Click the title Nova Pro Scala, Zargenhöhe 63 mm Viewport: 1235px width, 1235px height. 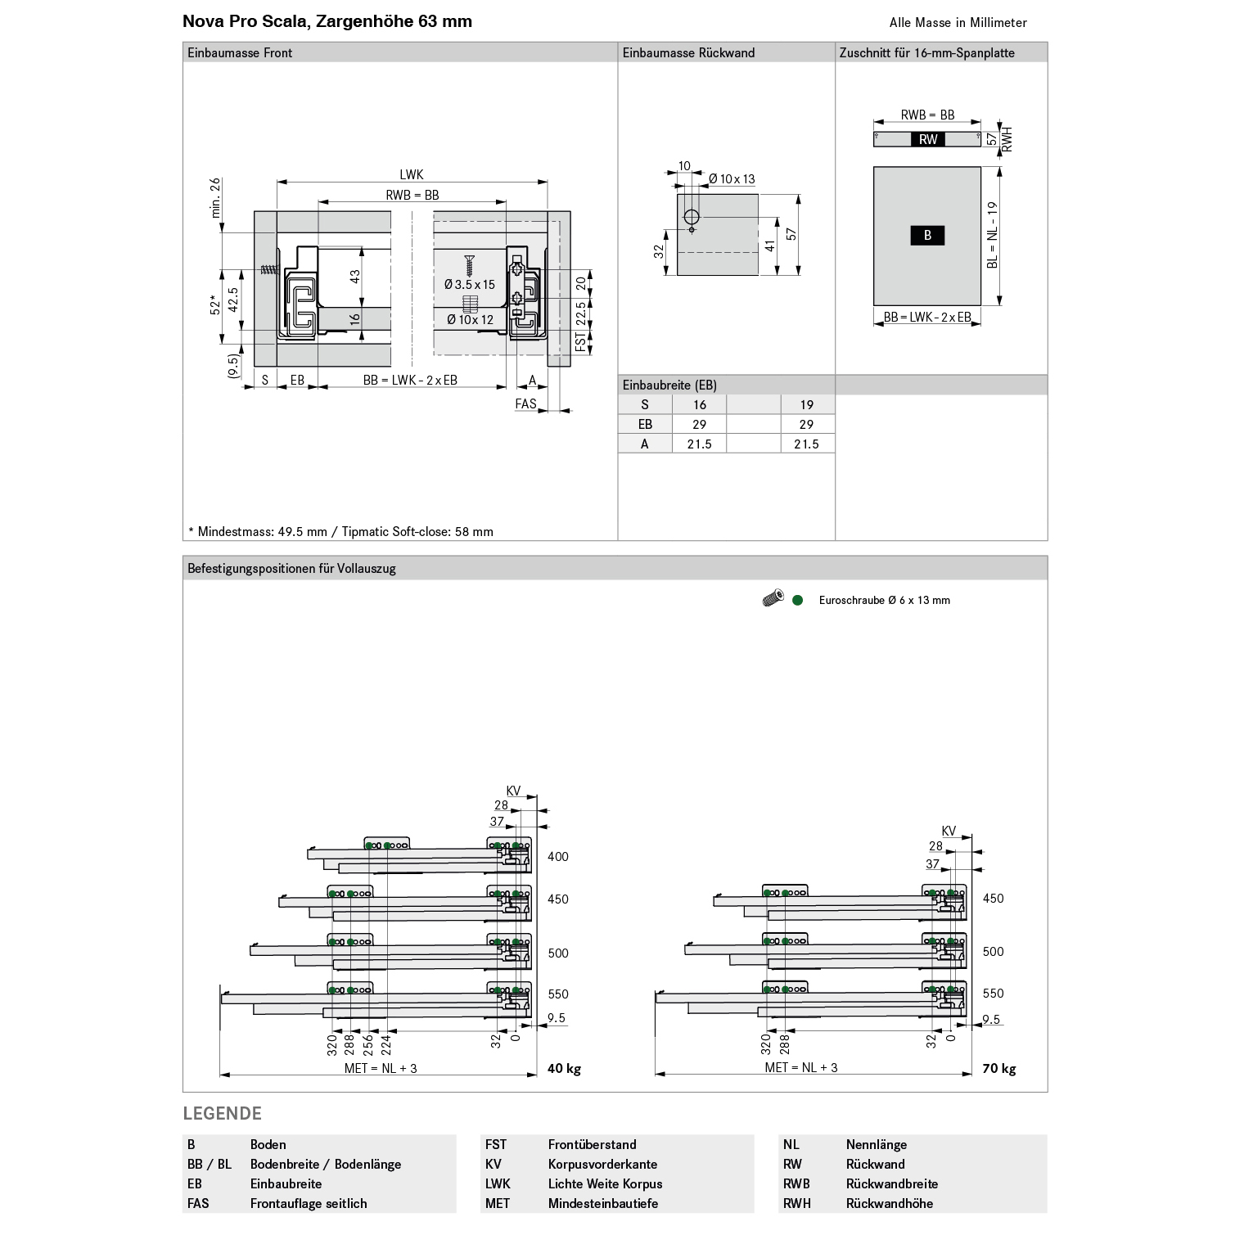pyautogui.click(x=327, y=21)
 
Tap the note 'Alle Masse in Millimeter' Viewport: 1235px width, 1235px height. pyautogui.click(x=958, y=23)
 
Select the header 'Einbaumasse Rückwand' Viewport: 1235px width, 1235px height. pyautogui.click(x=688, y=52)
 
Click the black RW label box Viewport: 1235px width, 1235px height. pyautogui.click(x=928, y=139)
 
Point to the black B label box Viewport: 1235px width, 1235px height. pyautogui.click(x=927, y=235)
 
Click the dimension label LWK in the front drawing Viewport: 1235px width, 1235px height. pyautogui.click(x=412, y=174)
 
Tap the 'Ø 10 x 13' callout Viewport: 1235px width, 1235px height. pyautogui.click(x=732, y=178)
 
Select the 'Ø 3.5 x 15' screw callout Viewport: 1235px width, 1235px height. pyautogui.click(x=470, y=284)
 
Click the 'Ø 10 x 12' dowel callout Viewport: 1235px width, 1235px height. pyautogui.click(x=471, y=319)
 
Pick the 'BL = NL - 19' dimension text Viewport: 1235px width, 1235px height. pyautogui.click(x=992, y=235)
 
